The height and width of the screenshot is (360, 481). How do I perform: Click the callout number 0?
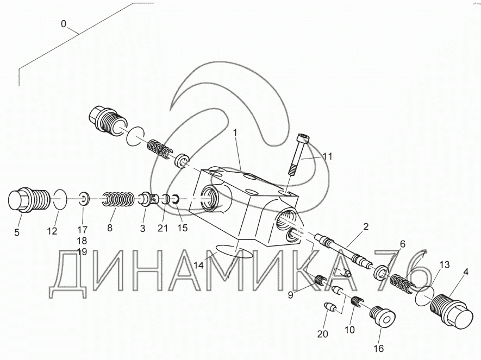64,24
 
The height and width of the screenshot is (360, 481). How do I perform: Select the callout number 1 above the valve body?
235,132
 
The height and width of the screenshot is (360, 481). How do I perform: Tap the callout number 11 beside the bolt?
326,156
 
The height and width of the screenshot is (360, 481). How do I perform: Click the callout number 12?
52,231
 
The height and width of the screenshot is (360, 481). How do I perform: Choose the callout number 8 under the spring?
110,229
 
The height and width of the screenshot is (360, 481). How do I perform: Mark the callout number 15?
182,228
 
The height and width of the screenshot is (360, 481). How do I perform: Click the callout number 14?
199,266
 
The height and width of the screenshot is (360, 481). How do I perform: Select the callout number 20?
323,334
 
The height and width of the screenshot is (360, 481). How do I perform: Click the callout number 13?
444,264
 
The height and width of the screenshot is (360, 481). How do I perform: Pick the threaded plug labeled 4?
449,312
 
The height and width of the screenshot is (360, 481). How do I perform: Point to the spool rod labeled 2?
343,249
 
